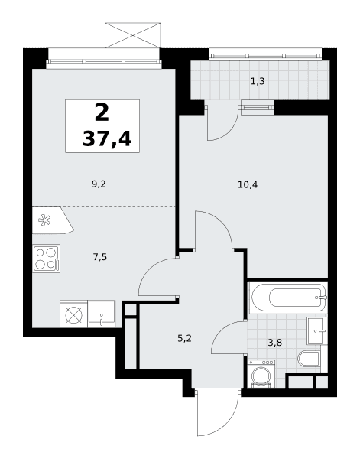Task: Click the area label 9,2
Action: [x=99, y=184]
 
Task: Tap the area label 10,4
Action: [x=248, y=184]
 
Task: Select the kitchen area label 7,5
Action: [x=100, y=257]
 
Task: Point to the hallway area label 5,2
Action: [x=184, y=339]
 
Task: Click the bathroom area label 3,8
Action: [x=275, y=342]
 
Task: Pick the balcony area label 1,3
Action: [x=258, y=81]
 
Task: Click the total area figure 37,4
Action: [x=107, y=138]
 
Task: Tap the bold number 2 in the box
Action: [x=102, y=113]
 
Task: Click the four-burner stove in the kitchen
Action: [x=47, y=259]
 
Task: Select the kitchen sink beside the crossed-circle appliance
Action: [x=102, y=314]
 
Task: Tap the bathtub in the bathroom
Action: [x=287, y=298]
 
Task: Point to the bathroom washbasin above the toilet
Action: [x=317, y=331]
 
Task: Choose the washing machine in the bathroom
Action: [x=261, y=374]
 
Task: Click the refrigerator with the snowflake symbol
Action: [x=46, y=220]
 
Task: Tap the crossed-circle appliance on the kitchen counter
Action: [x=74, y=314]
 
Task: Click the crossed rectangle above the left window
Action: [x=133, y=35]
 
